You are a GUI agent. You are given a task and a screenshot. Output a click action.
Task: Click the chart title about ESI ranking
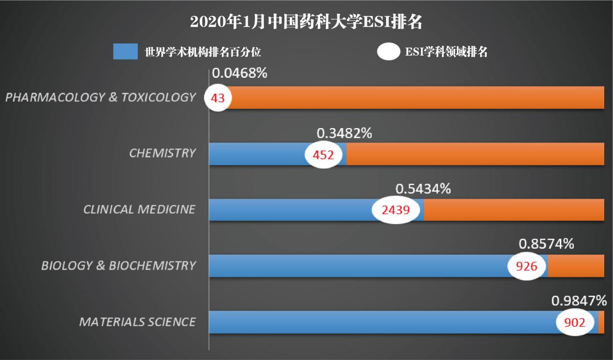(x=306, y=22)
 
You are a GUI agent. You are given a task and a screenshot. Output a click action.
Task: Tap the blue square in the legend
(x=125, y=52)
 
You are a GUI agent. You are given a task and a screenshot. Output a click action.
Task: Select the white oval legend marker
(x=388, y=52)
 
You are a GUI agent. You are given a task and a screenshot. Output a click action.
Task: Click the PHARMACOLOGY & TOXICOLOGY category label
(x=101, y=98)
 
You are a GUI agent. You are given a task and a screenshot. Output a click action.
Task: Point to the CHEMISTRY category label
(x=162, y=154)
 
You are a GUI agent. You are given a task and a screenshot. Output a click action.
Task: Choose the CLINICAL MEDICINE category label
(x=140, y=210)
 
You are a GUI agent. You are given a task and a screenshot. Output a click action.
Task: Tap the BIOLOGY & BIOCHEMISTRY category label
(x=119, y=266)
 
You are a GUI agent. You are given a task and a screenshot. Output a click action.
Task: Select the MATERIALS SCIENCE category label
(x=138, y=322)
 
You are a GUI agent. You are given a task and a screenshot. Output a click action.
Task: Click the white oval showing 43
(x=218, y=98)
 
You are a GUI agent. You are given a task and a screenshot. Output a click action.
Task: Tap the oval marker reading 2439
(x=395, y=210)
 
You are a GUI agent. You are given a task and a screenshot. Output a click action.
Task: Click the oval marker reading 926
(x=527, y=266)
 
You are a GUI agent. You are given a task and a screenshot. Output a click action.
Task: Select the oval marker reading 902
(x=575, y=322)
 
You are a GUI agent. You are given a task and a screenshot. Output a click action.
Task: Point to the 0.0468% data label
(x=240, y=73)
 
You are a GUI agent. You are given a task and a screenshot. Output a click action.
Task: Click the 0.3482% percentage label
(x=344, y=133)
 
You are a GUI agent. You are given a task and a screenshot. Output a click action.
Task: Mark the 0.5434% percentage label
(x=423, y=189)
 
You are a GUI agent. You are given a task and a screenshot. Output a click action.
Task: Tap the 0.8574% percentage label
(x=546, y=244)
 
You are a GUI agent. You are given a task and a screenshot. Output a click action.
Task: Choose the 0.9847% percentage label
(x=579, y=302)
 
